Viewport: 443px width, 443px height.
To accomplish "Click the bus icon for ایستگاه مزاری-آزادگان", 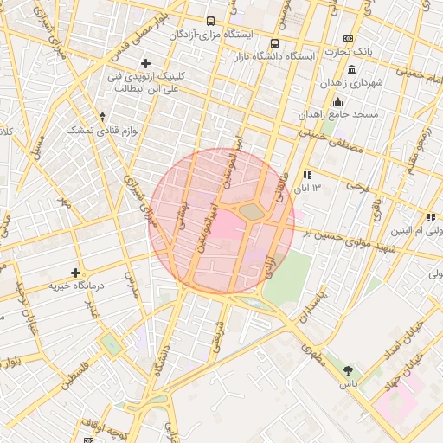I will pyautogui.click(x=210, y=21).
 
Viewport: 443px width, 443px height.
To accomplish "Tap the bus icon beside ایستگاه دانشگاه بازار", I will pyautogui.click(x=274, y=43).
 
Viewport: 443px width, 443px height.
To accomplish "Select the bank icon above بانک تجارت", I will pyautogui.click(x=348, y=38).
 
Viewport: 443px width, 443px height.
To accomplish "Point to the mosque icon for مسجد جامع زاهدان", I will pyautogui.click(x=337, y=101).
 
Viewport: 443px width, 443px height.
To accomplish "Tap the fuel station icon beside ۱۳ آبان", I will pyautogui.click(x=307, y=175).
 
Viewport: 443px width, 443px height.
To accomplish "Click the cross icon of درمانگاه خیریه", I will pyautogui.click(x=76, y=273).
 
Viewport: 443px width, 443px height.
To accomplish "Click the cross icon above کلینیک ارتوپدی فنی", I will pyautogui.click(x=145, y=63).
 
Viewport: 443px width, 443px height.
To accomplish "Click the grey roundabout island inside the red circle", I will pyautogui.click(x=251, y=211).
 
